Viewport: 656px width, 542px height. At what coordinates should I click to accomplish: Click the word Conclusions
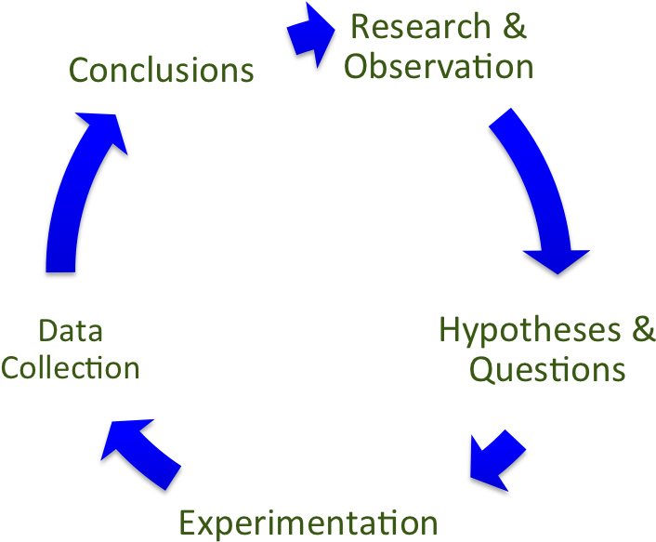coord(162,71)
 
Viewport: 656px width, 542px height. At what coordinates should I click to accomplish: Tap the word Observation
coord(439,68)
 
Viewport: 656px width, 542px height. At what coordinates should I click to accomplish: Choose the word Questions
coord(546,369)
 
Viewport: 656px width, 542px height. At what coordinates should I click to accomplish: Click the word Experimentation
coord(308,522)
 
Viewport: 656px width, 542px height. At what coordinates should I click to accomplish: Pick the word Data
coord(70,329)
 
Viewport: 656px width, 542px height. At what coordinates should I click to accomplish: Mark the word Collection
coord(70,368)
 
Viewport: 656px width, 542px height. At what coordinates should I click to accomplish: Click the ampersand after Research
coord(514,27)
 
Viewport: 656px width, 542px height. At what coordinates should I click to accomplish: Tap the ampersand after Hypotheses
coord(643,329)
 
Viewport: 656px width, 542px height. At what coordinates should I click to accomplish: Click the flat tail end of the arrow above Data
coord(60,268)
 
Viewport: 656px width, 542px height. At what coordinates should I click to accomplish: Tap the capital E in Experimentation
coord(188,522)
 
